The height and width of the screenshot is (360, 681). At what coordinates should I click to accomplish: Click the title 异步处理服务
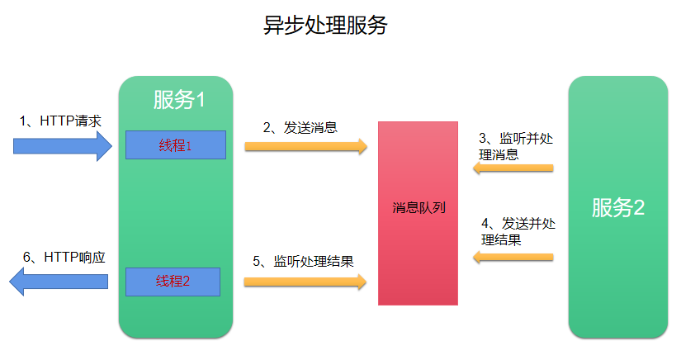(325, 26)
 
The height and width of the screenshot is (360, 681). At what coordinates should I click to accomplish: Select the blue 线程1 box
(176, 145)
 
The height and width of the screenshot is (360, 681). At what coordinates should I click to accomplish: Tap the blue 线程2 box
(173, 282)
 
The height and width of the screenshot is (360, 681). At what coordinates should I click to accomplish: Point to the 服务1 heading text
(179, 100)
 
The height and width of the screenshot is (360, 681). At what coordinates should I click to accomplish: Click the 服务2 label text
(617, 208)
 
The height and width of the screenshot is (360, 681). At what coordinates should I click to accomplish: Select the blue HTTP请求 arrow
(63, 146)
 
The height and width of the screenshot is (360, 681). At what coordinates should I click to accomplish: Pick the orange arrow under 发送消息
(305, 146)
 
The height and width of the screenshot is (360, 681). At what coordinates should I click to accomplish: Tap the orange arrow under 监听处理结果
(305, 282)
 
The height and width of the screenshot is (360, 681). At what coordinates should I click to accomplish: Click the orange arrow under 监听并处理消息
(512, 168)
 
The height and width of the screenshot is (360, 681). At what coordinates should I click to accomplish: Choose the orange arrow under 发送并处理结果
(512, 257)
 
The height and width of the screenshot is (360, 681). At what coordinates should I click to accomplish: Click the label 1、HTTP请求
(60, 121)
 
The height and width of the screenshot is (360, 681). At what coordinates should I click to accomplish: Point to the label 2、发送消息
(300, 127)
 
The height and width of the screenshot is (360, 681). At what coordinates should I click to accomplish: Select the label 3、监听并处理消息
(516, 146)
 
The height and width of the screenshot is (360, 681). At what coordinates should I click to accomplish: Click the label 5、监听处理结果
(303, 262)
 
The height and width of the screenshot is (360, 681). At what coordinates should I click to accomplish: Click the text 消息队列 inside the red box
(419, 208)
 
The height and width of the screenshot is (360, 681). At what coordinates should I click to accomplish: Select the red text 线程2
(173, 282)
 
